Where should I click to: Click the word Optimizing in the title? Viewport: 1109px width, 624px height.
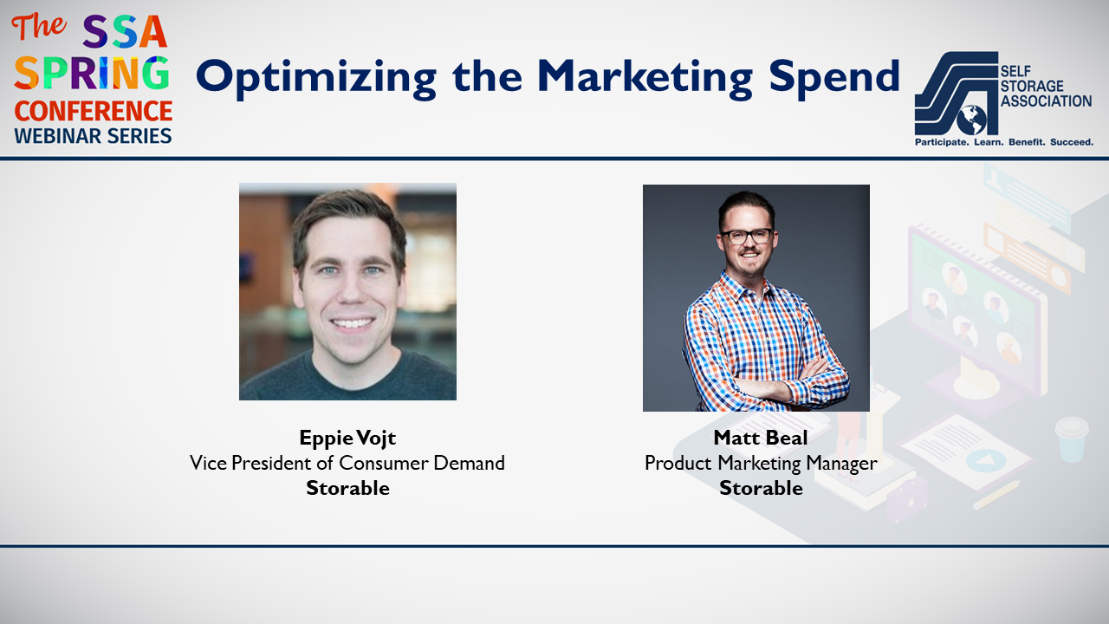point(316,78)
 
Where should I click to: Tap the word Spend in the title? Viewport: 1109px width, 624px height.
point(834,78)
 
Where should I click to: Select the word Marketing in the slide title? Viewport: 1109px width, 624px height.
point(645,78)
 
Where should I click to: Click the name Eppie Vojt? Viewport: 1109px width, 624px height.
point(347,439)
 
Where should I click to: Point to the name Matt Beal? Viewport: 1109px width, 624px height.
point(761,438)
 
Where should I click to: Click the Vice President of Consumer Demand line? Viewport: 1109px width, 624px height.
point(347,463)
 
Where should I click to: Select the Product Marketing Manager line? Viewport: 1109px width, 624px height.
point(761,464)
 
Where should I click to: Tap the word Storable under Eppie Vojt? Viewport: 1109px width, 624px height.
point(347,488)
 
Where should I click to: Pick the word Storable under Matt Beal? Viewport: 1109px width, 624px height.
point(761,488)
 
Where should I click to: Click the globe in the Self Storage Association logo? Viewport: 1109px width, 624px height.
point(971,120)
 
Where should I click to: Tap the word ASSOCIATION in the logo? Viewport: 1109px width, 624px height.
point(1046,101)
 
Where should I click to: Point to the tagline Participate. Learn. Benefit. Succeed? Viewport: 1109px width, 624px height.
point(1004,142)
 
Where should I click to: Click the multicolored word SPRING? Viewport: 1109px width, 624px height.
point(92,74)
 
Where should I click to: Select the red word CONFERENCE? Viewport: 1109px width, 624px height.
point(94,111)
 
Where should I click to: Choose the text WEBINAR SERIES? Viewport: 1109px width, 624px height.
point(93,136)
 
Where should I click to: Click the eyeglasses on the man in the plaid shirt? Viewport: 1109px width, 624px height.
point(747,237)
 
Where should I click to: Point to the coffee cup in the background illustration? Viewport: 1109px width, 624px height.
point(1072,439)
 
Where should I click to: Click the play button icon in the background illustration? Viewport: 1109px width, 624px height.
point(985,460)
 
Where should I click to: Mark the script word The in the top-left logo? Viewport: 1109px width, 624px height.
point(39,27)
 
